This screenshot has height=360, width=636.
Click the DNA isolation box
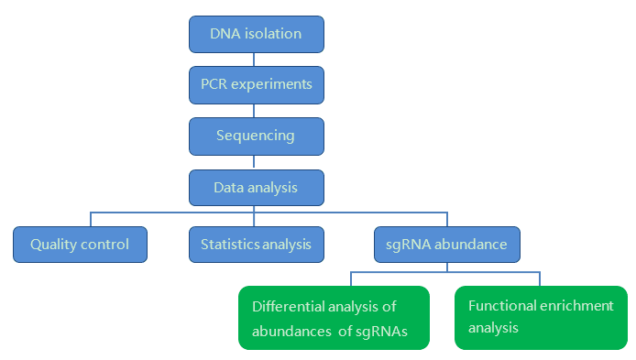pos(257,34)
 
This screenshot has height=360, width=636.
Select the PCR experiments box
pos(257,84)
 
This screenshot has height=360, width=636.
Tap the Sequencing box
pos(257,136)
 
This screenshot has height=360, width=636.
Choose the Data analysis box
pos(257,187)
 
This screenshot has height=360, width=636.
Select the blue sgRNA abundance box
pos(447,245)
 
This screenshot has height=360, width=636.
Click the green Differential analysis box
pos(334,317)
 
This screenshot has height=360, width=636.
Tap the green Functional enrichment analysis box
pos(541,317)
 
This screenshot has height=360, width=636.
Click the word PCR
pos(214,84)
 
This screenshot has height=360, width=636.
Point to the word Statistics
pos(229,245)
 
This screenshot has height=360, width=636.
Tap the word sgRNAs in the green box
pos(384,329)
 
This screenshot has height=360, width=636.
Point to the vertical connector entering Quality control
pos(91,219)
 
